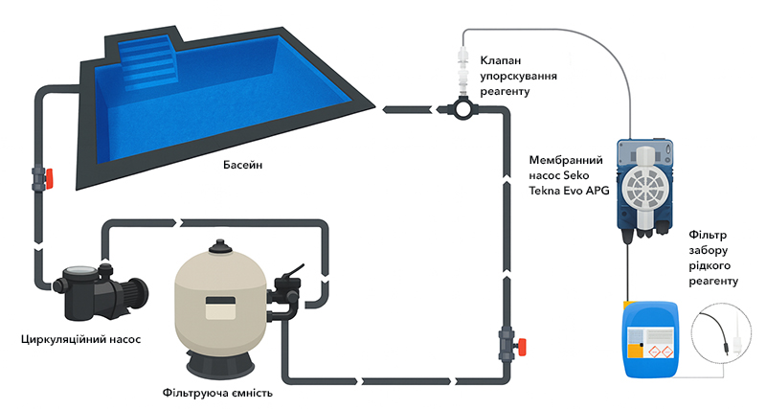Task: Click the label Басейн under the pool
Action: pos(243,165)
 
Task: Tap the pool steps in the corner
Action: pos(146,61)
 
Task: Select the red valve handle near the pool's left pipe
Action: pos(49,178)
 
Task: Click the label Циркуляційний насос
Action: pos(81,339)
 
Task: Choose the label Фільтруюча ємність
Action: pos(217,393)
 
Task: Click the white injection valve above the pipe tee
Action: pos(462,73)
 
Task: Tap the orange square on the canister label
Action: pos(633,351)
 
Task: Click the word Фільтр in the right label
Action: pos(708,235)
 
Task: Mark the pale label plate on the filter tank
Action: pos(221,307)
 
